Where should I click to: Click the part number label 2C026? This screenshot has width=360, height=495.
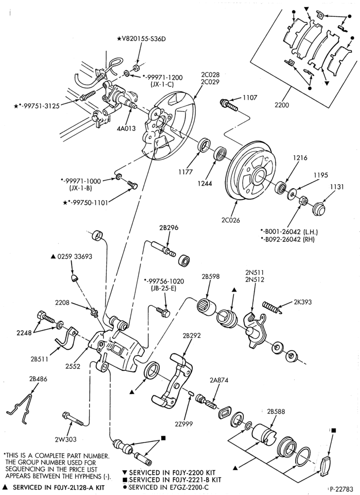click(230, 220)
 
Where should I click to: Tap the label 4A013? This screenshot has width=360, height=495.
click(127, 128)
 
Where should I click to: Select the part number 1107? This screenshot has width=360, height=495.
click(250, 98)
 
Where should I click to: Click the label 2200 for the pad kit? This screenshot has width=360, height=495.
click(281, 105)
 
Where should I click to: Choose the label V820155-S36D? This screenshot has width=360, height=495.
click(141, 39)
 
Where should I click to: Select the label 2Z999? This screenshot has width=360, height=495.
click(184, 424)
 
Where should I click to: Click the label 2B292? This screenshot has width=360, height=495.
click(191, 335)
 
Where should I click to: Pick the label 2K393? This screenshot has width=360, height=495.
click(303, 302)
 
